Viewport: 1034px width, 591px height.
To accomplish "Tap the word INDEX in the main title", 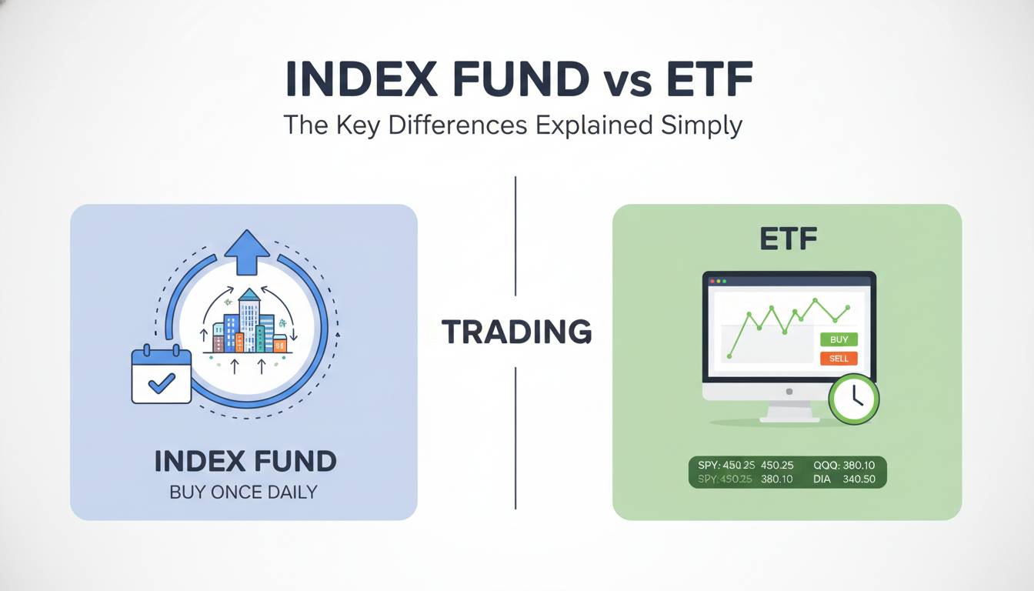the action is (x=362, y=78).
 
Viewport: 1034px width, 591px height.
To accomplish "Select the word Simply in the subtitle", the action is (x=701, y=125).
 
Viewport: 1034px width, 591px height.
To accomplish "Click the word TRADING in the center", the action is (x=516, y=332).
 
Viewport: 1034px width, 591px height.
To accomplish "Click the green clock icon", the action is (x=853, y=399).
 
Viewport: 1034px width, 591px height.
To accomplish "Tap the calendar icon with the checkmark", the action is (x=161, y=373).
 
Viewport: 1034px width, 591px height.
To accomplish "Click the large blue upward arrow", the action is (x=248, y=252).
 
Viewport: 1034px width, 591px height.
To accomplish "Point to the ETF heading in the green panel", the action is (x=788, y=239).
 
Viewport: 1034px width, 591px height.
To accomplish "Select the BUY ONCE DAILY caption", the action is (x=243, y=492).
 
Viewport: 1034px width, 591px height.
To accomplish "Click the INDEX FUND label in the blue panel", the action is (x=245, y=461).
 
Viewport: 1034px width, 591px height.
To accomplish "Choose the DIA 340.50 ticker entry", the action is (x=844, y=479).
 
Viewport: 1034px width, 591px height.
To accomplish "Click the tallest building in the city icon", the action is (x=249, y=319).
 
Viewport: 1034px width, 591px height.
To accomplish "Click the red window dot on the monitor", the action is (x=712, y=281).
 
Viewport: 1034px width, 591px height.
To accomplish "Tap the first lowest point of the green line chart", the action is (x=729, y=356).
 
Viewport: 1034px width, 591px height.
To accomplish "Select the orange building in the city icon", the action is (x=239, y=342).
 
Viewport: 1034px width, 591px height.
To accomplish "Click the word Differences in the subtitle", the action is (x=458, y=125).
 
